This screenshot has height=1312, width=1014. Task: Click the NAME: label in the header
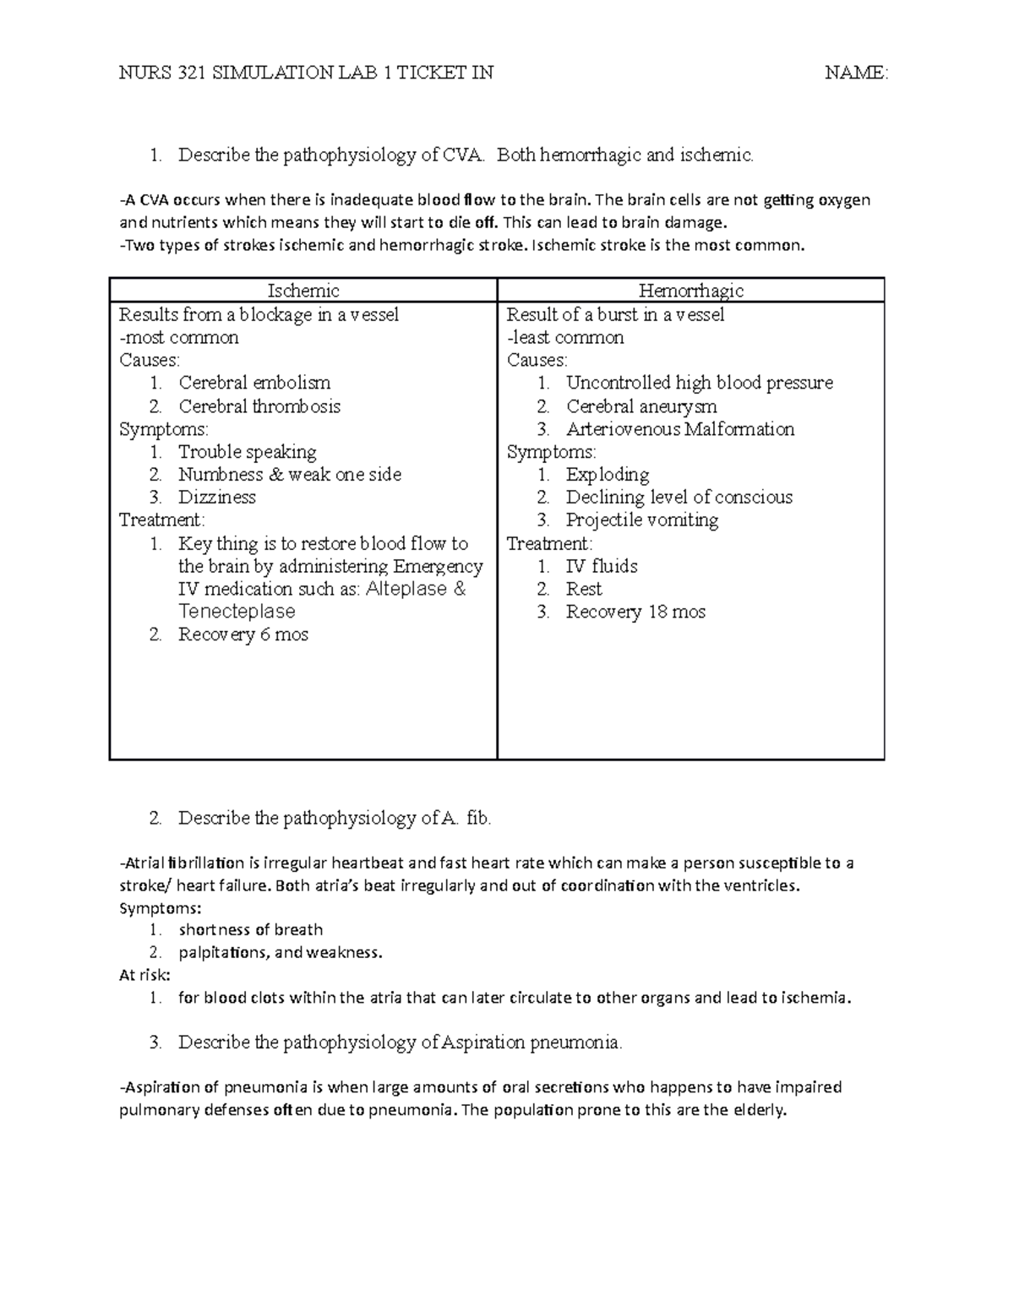[856, 73]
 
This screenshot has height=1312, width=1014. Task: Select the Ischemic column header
[303, 291]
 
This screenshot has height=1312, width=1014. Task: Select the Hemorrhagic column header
[690, 291]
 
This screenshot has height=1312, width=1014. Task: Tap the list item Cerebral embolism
[254, 383]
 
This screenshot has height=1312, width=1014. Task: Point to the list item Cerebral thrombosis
[259, 406]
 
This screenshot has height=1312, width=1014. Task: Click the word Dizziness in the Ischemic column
[216, 498]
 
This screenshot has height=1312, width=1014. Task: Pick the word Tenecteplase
[237, 612]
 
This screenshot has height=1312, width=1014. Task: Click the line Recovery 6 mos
[243, 634]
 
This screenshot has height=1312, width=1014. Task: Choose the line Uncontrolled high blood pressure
[699, 383]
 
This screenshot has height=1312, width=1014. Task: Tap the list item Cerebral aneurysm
[641, 406]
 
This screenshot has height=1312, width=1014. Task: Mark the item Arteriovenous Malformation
[679, 429]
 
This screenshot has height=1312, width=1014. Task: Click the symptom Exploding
[607, 475]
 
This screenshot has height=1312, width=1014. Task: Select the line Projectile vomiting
[641, 520]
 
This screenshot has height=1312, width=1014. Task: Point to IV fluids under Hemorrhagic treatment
[601, 566]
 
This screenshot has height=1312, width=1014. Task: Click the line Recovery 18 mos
[635, 612]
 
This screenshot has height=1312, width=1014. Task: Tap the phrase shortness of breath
[250, 930]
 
